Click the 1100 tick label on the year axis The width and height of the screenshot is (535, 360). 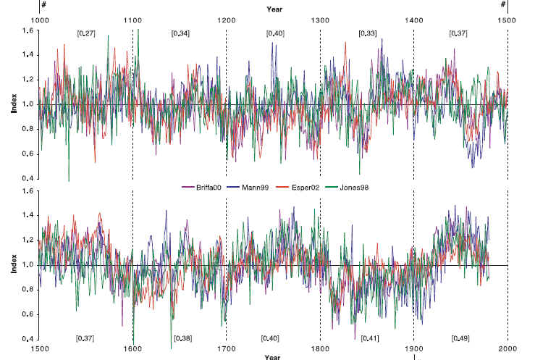coord(133,20)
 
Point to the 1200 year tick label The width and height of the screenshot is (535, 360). coord(227,20)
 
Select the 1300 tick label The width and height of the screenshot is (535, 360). coord(320,20)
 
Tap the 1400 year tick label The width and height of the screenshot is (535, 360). coord(413,20)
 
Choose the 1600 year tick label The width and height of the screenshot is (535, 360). coord(133,349)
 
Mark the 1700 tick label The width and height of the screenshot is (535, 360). coord(227,349)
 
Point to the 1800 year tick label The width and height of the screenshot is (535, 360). coord(320,349)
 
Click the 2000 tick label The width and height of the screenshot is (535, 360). coord(507,349)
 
